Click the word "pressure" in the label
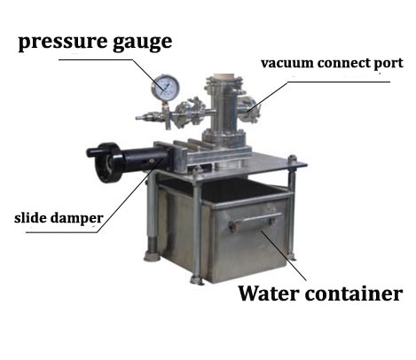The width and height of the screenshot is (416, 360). tap(62, 42)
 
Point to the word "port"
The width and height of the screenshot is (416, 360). tap(389, 64)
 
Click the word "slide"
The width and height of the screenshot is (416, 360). tap(30, 218)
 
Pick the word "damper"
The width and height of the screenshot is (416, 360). tap(76, 219)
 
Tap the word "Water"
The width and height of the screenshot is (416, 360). tap(269, 293)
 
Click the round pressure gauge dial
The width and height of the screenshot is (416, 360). tap(165, 88)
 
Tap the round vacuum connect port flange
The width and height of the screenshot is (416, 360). tap(248, 110)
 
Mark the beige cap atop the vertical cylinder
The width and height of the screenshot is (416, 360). tap(224, 75)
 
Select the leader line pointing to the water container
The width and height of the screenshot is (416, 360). tap(284, 255)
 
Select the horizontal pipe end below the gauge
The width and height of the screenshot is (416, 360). tap(142, 118)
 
